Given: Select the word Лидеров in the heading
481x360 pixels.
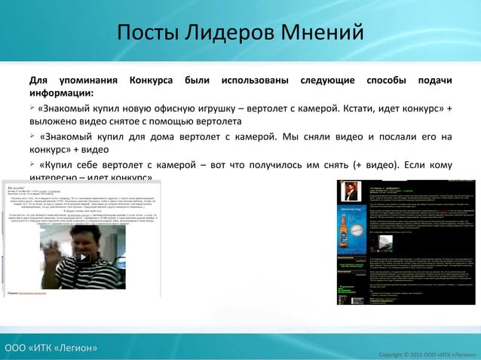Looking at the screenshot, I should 231,33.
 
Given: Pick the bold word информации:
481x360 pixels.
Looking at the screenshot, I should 62,94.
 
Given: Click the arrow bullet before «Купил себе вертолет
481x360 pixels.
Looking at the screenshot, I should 33,165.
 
